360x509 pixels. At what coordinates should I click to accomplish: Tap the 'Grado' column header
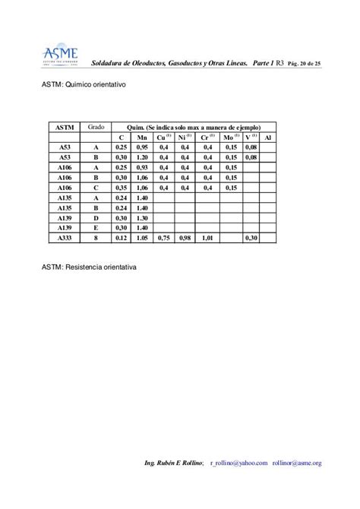tap(96, 125)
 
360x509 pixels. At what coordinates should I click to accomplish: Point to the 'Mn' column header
tap(142, 137)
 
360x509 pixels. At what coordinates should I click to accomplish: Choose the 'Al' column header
tap(268, 137)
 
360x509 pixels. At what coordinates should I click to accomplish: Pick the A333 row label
tap(64, 238)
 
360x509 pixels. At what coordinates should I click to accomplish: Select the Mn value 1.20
tap(142, 156)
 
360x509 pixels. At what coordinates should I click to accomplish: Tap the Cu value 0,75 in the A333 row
tap(163, 238)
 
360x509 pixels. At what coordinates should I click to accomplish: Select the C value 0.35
tap(120, 187)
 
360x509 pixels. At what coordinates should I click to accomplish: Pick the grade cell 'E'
tap(96, 227)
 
